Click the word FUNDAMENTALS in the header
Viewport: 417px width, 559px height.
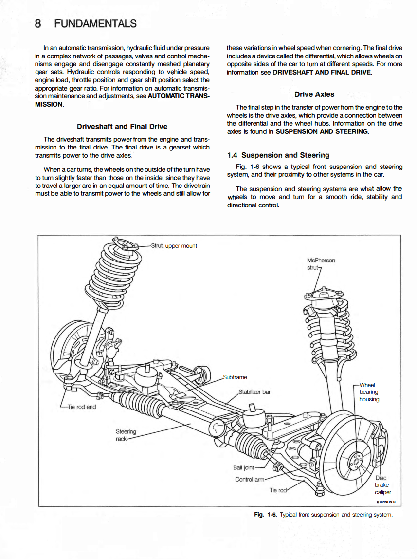click(x=95, y=23)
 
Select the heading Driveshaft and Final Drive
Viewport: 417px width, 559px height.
click(x=122, y=127)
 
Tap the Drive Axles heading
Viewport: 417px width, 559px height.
click(x=314, y=94)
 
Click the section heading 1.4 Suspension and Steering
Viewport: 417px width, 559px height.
click(x=278, y=155)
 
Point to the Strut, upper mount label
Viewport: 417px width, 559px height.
click(x=174, y=246)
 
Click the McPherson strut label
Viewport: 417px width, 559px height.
click(x=321, y=264)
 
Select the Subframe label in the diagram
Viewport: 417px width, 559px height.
click(x=235, y=377)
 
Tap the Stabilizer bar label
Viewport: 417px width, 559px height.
click(x=254, y=391)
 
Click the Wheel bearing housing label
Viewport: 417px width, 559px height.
click(x=369, y=392)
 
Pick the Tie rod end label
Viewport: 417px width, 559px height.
click(x=82, y=407)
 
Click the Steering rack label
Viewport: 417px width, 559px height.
click(x=126, y=435)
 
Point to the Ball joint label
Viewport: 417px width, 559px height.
click(x=243, y=467)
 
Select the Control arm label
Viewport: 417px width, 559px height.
click(x=250, y=479)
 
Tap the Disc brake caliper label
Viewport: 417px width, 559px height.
click(x=382, y=485)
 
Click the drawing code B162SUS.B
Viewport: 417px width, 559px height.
click(x=385, y=502)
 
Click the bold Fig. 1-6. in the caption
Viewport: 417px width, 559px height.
click(x=265, y=515)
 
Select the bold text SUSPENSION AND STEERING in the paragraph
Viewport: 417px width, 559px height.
click(x=322, y=131)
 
